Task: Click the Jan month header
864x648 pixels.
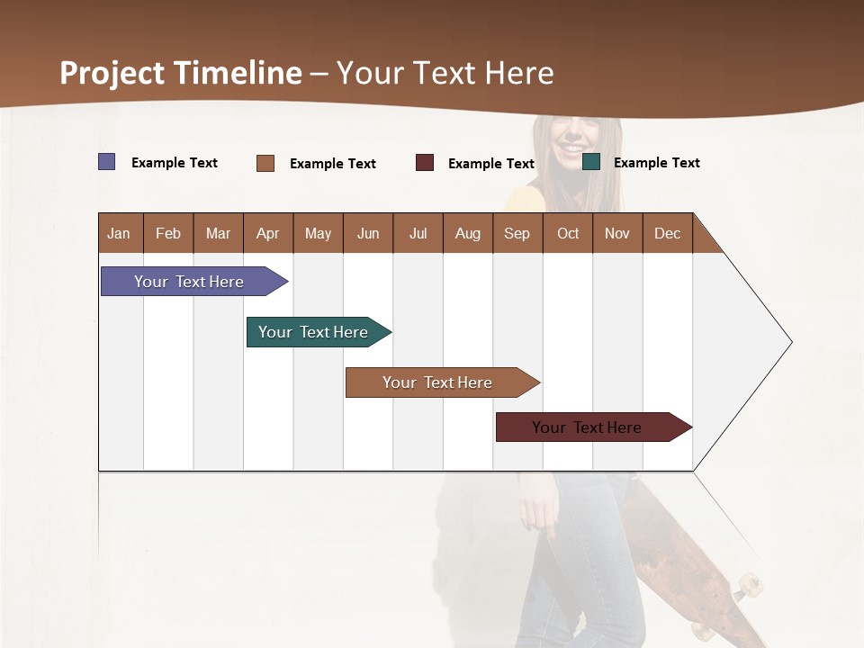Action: tap(119, 234)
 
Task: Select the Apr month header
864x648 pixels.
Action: tap(267, 234)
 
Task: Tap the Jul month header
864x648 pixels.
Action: tap(418, 234)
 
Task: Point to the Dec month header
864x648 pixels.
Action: tap(667, 234)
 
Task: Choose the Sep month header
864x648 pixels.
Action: tap(517, 234)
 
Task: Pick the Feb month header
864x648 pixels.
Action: tap(168, 234)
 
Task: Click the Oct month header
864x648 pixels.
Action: tap(568, 234)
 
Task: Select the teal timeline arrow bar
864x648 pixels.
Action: tap(315, 332)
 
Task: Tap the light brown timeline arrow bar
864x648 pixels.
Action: tap(439, 382)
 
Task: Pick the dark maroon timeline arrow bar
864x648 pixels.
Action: tap(589, 427)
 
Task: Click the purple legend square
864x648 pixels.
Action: tap(107, 162)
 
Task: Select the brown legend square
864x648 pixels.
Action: tap(265, 163)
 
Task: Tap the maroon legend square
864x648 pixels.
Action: tap(425, 163)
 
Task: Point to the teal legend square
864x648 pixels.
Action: tap(591, 162)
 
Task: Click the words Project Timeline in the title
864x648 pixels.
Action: tap(181, 73)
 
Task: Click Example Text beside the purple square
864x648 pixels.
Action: tap(175, 163)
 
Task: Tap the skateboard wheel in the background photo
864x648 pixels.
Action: tap(746, 586)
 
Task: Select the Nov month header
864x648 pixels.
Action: tap(617, 234)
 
